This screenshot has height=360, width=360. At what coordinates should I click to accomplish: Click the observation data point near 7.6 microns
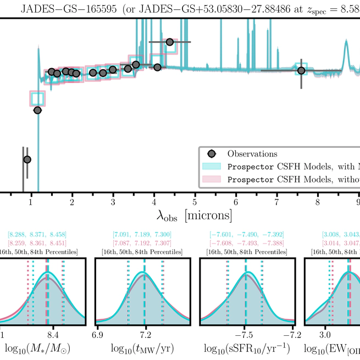point(301,70)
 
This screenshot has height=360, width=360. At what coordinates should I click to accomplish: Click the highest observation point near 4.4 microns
point(170,42)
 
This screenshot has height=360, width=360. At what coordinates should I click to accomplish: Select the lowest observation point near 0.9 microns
point(27,159)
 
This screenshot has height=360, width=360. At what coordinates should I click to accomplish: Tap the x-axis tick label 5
point(195,201)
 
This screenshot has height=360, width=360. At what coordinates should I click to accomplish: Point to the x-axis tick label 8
point(317,201)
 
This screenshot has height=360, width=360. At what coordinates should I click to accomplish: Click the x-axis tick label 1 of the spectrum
point(31,201)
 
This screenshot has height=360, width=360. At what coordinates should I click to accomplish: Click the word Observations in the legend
point(253,154)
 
